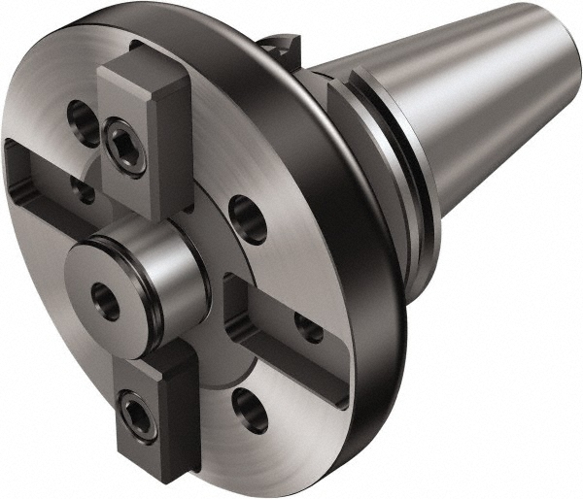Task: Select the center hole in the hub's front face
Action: pyautogui.click(x=106, y=299)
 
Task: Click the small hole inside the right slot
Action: pyautogui.click(x=308, y=328)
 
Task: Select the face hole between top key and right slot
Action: pyautogui.click(x=249, y=219)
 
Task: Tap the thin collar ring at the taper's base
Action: pyautogui.click(x=389, y=165)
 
